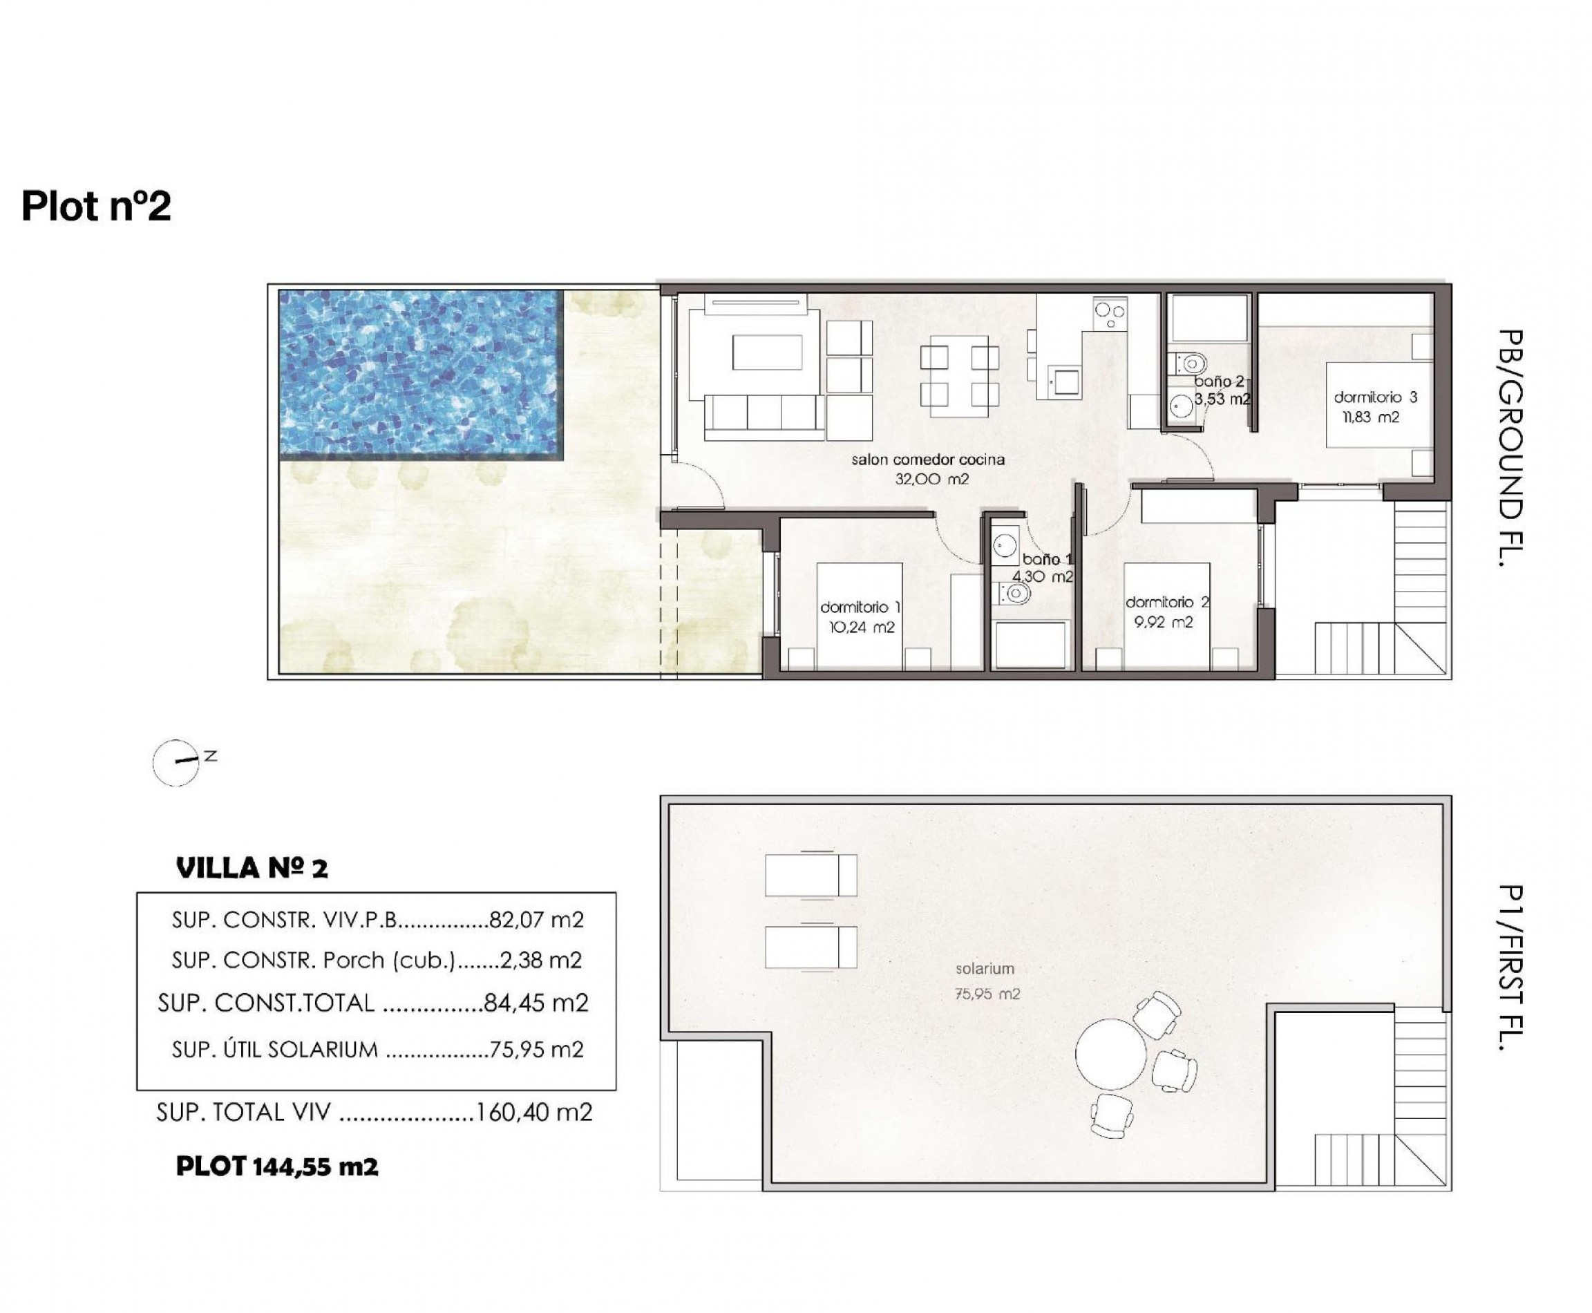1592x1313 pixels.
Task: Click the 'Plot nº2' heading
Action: (96, 206)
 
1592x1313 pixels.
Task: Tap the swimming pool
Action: (421, 375)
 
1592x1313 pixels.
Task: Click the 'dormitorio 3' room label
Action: (1375, 397)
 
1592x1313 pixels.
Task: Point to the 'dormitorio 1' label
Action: (860, 607)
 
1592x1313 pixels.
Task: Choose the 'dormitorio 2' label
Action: (1167, 602)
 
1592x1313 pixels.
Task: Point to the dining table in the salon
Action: (960, 376)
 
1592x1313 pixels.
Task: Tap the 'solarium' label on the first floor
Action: (984, 968)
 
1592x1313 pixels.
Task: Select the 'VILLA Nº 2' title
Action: (252, 868)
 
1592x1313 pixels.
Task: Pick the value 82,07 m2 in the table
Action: (536, 920)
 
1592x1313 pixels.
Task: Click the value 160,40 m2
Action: (533, 1112)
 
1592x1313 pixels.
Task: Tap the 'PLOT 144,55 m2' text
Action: (277, 1166)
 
